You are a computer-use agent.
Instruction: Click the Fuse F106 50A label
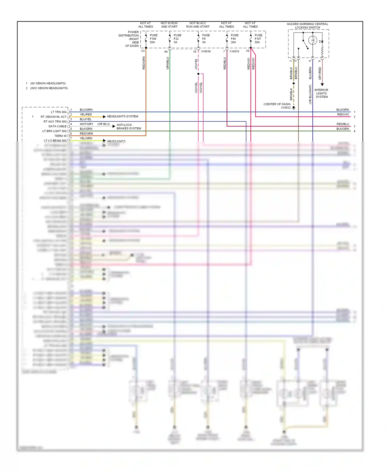coord(153,39)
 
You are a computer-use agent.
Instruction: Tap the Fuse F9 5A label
coord(206,39)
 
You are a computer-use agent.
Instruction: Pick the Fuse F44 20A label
coord(234,39)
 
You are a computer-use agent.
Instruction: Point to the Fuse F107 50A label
coord(258,39)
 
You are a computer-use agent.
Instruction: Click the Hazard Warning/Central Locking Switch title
coord(307,26)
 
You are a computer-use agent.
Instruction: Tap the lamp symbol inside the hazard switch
coord(312,40)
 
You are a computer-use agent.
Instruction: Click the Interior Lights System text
coord(321,93)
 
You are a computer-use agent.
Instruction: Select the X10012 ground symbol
coord(294,108)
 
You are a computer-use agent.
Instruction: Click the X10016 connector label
coord(206,51)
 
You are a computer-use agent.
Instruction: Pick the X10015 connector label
coord(234,51)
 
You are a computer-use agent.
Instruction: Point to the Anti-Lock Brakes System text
coord(128,127)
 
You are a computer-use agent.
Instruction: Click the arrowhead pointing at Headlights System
coord(104,117)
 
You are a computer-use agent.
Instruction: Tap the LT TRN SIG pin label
coord(59,112)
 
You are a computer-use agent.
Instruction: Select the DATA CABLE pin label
coord(58,126)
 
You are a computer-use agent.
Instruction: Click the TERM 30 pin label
coord(60,136)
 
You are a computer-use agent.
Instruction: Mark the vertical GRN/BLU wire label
coord(167,63)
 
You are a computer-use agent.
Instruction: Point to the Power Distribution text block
coord(129,39)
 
